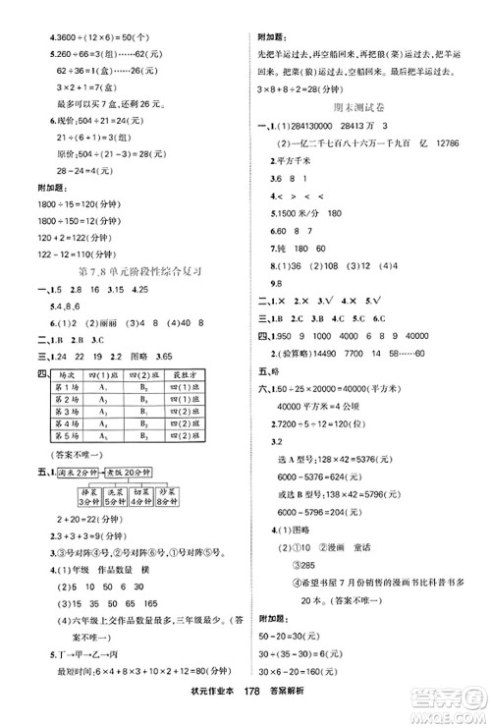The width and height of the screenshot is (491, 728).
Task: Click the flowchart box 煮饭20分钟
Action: point(128,472)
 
